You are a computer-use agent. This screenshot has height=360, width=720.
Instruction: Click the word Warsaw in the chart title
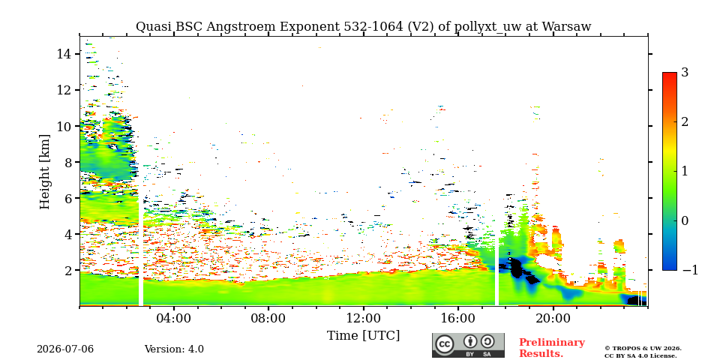pyautogui.click(x=567, y=27)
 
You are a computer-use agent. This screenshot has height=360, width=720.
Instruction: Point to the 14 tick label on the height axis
pyautogui.click(x=64, y=54)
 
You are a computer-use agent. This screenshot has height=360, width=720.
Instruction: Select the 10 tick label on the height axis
pyautogui.click(x=64, y=126)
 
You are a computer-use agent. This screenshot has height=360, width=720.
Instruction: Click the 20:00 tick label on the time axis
pyautogui.click(x=553, y=318)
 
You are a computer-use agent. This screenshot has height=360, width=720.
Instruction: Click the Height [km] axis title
pyautogui.click(x=44, y=172)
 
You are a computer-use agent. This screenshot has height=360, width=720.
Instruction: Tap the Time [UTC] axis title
pyautogui.click(x=363, y=336)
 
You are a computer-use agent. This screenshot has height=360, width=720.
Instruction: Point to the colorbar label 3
pyautogui.click(x=685, y=72)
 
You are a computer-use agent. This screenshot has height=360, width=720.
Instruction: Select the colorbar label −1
pyautogui.click(x=690, y=270)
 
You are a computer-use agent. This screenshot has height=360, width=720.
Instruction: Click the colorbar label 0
pyautogui.click(x=685, y=220)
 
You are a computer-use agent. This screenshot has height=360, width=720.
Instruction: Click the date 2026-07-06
pyautogui.click(x=65, y=349)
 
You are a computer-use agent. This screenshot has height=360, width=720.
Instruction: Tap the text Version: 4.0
pyautogui.click(x=174, y=349)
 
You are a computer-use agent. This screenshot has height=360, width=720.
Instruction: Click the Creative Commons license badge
pyautogui.click(x=468, y=345)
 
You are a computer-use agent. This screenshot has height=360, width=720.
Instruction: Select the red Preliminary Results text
pyautogui.click(x=552, y=347)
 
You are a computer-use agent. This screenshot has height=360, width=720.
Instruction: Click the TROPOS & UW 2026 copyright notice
pyautogui.click(x=643, y=349)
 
